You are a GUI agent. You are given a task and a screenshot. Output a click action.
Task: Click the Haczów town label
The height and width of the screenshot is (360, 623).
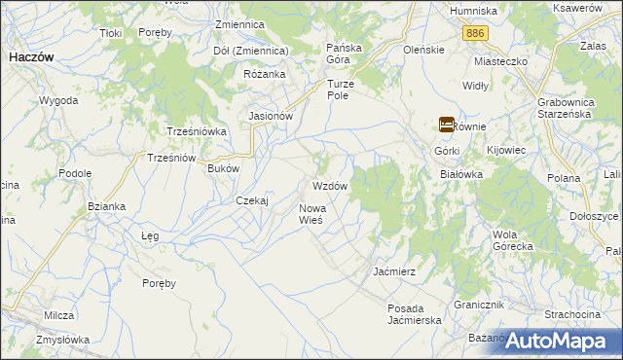(30, 57)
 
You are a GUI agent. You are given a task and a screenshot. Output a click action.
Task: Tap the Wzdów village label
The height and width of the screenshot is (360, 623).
(329, 185)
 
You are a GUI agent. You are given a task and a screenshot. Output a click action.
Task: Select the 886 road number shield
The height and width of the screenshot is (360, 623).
(475, 33)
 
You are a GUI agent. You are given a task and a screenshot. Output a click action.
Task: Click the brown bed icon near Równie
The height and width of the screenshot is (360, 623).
(446, 125)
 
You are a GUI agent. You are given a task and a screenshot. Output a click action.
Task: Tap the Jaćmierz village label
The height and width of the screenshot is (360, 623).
(395, 271)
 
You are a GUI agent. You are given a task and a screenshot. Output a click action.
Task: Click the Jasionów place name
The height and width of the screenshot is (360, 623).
(272, 116)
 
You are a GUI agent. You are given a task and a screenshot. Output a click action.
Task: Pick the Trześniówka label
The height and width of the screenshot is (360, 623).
(196, 131)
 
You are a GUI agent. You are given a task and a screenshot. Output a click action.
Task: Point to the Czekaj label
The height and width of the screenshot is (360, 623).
(252, 200)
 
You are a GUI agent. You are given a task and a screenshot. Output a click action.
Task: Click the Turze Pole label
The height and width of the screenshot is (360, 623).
(344, 89)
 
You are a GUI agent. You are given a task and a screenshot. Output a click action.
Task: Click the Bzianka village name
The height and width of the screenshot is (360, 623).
(106, 206)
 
